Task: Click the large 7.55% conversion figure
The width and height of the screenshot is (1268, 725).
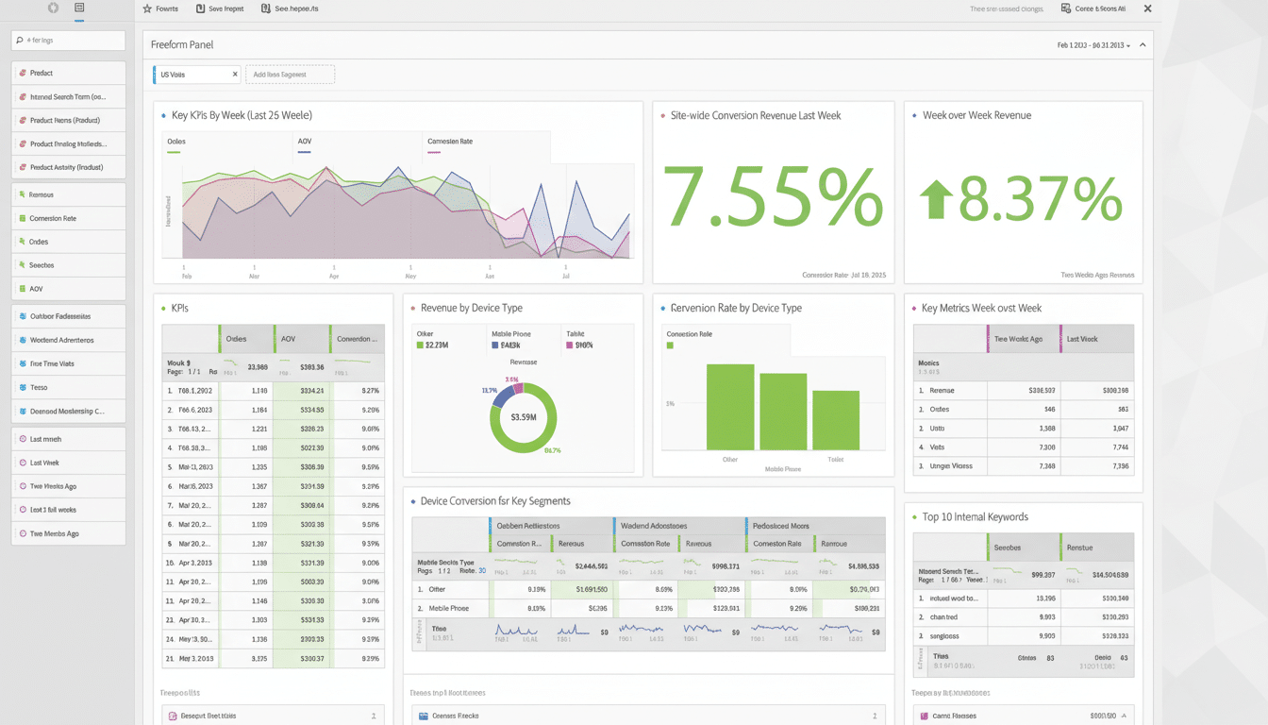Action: [773, 197]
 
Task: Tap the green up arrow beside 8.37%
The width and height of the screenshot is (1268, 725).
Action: [936, 200]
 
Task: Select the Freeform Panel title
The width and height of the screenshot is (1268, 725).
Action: [182, 44]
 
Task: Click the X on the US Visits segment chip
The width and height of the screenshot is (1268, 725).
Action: [235, 75]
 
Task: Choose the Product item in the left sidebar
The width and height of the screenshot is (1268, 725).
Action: [42, 73]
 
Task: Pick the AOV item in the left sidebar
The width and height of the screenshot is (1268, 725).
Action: [37, 289]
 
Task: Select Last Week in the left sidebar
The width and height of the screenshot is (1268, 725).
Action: [45, 463]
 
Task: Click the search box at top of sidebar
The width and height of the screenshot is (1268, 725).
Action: [69, 41]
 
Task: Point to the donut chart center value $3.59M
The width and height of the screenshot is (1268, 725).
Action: [523, 416]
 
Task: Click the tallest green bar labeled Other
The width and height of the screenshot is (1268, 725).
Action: [730, 407]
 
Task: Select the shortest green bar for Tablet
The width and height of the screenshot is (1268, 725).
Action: [835, 420]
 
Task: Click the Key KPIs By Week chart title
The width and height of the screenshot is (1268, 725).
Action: [242, 115]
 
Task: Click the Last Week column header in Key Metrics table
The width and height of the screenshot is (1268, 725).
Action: [1081, 339]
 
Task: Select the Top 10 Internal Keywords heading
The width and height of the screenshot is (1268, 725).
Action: [975, 517]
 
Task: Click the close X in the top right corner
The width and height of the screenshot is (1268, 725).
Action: [1147, 8]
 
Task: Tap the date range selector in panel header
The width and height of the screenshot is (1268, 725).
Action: [1093, 45]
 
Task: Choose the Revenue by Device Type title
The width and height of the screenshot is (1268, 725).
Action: [471, 308]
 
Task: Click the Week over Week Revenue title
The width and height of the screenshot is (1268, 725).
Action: [976, 115]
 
